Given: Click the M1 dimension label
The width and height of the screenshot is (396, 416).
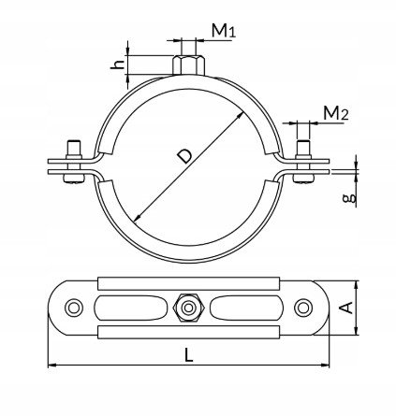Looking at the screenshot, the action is point(224,31).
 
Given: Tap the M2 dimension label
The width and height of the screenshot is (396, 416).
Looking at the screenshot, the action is point(336,113).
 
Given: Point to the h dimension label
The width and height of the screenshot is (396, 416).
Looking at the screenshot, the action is point(118,65).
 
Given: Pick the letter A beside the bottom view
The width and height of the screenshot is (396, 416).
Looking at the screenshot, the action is point(346,308).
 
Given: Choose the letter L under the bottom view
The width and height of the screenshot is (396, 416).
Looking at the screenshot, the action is point(188,355).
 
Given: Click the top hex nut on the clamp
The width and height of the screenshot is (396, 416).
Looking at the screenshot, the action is point(188,65).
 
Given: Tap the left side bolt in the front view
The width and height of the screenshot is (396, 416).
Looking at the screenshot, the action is point(74,162).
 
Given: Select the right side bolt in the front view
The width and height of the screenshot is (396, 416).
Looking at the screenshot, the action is point(303,162).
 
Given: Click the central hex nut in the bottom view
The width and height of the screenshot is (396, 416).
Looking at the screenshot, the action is point(188,308).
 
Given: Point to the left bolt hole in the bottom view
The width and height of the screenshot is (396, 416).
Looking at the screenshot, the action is point(74,308).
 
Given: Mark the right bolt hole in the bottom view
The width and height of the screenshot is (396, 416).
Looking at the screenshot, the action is point(303,308).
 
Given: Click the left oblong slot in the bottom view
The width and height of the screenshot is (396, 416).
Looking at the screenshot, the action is point(131,308).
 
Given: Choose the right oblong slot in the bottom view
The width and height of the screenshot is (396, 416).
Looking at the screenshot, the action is point(246,308).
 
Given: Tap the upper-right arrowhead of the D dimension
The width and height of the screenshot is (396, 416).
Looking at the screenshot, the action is point(241,115).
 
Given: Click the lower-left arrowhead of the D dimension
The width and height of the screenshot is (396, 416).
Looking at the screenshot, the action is point(137,219).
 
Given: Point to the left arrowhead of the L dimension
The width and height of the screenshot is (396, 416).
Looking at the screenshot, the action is point(52,365).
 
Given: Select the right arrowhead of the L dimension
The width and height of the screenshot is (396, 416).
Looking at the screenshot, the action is point(325,365).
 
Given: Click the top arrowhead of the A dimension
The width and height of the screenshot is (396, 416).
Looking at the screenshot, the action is point(357,285).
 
